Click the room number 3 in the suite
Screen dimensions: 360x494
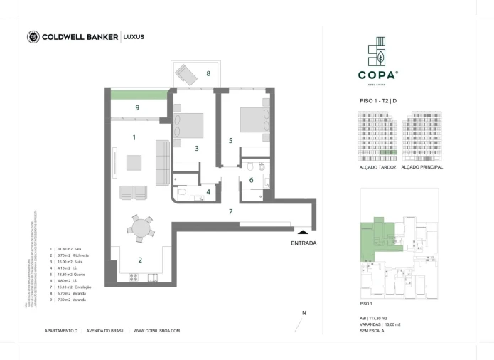tap(197, 148)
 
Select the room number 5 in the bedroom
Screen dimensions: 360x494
tap(230, 141)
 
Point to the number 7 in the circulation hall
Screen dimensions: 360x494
tap(230, 212)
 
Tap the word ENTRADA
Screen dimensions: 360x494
tap(304, 243)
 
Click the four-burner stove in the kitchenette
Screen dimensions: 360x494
tap(133, 277)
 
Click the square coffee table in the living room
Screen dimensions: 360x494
tap(134, 162)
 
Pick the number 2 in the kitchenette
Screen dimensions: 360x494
tap(140, 260)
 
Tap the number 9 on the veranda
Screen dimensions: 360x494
tap(137, 107)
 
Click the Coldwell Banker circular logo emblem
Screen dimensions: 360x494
tap(33, 37)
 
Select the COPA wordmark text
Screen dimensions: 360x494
tap(377, 73)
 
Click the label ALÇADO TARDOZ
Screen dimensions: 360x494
tap(377, 167)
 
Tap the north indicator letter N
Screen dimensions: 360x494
tap(304, 313)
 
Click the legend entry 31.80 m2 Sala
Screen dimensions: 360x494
tap(71, 250)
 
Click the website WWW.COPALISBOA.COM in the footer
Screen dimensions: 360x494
tap(156, 331)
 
